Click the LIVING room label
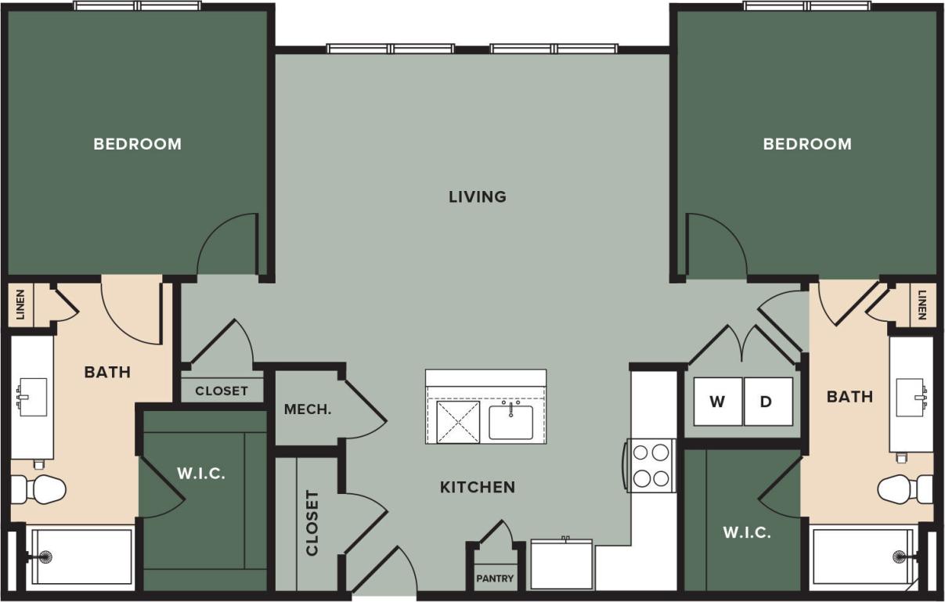point(477,196)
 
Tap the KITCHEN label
point(477,487)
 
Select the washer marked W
point(717,402)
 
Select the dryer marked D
point(767,402)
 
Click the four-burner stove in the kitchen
point(651,465)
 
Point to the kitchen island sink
point(510,422)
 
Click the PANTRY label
point(496,579)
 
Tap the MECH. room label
point(308,409)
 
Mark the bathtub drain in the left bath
point(45,557)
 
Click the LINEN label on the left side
point(20,305)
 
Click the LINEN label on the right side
point(922,305)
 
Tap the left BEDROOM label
point(137,144)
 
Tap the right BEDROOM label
point(807,144)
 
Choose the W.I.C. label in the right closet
point(746,533)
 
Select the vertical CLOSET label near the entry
point(312,523)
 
